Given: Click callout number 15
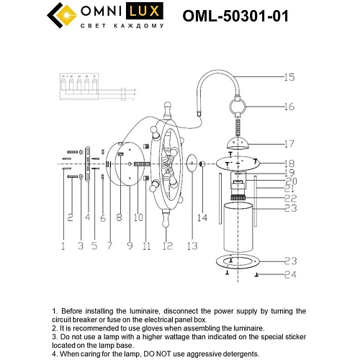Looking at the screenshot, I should click(x=289, y=76).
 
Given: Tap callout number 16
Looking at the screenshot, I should click(x=289, y=106).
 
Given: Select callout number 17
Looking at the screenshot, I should click(x=289, y=143).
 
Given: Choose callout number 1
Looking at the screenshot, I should click(x=63, y=246).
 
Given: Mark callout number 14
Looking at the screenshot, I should click(x=203, y=217).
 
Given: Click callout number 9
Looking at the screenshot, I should click(x=130, y=246).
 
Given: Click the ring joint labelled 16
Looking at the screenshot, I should click(x=238, y=108).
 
